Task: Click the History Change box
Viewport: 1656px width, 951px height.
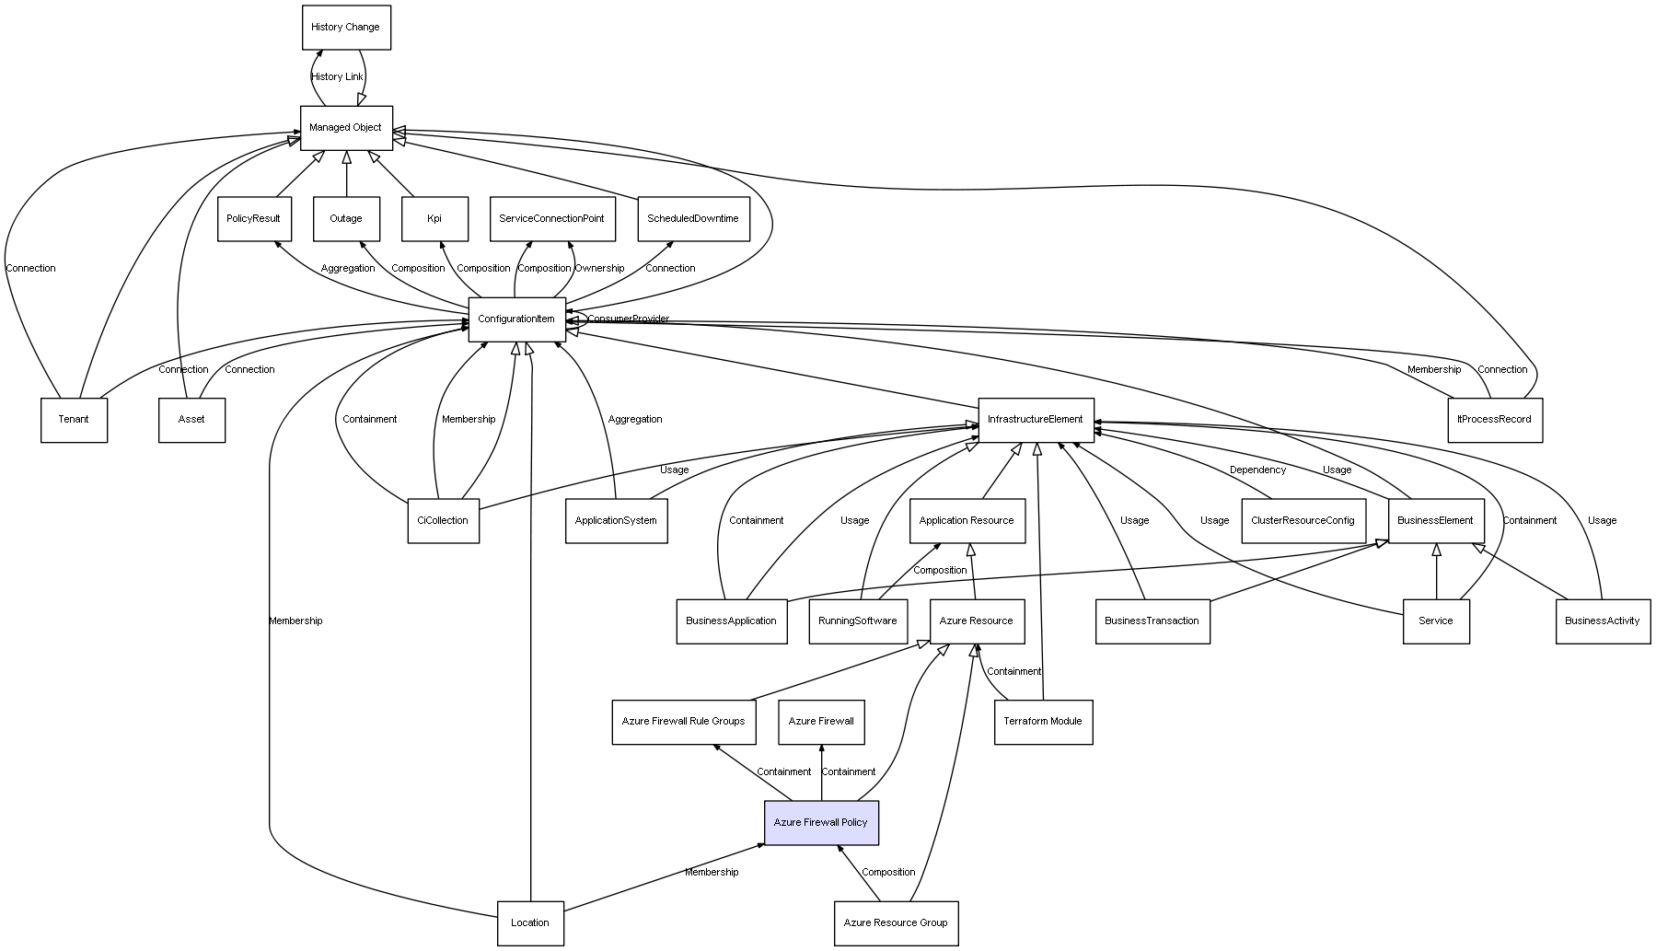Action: (346, 28)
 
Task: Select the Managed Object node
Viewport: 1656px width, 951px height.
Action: (346, 128)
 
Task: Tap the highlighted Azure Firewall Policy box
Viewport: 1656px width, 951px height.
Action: (821, 822)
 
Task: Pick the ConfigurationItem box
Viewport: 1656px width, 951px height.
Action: (516, 319)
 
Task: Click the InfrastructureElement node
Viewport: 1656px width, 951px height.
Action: (1036, 420)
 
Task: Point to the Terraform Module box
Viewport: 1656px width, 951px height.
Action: (1043, 722)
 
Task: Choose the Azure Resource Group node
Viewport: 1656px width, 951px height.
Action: (896, 922)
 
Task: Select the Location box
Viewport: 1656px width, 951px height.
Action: (530, 922)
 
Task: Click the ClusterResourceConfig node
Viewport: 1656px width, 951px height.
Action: (1303, 521)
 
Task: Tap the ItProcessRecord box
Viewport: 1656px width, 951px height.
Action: (1495, 420)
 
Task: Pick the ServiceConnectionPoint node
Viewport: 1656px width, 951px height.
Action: (551, 219)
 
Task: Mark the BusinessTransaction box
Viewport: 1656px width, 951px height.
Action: (1152, 621)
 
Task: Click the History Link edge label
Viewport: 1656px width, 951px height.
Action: (337, 77)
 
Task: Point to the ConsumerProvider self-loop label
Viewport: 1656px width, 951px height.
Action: (628, 319)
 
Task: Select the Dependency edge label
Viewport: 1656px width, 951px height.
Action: (1257, 470)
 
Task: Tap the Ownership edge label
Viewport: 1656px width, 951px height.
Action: (599, 269)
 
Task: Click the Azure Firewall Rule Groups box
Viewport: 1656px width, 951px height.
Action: (683, 722)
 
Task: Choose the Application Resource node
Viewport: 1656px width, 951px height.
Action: (967, 521)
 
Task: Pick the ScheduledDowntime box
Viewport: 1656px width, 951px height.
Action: (693, 219)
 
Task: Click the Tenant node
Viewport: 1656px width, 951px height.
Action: (74, 420)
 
